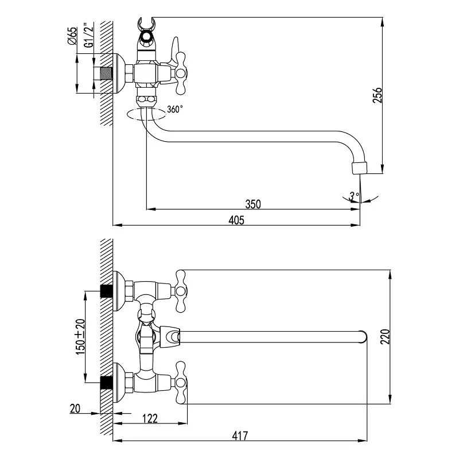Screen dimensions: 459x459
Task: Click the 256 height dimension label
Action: point(377,95)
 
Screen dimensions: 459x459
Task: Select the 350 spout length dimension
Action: point(253,204)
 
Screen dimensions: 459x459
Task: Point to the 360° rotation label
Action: point(175,109)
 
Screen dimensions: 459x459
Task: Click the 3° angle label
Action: point(354,196)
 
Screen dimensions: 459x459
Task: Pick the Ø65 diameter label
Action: point(72,36)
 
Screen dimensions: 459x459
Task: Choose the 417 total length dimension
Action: point(240,436)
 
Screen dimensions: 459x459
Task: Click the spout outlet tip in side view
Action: point(358,168)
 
